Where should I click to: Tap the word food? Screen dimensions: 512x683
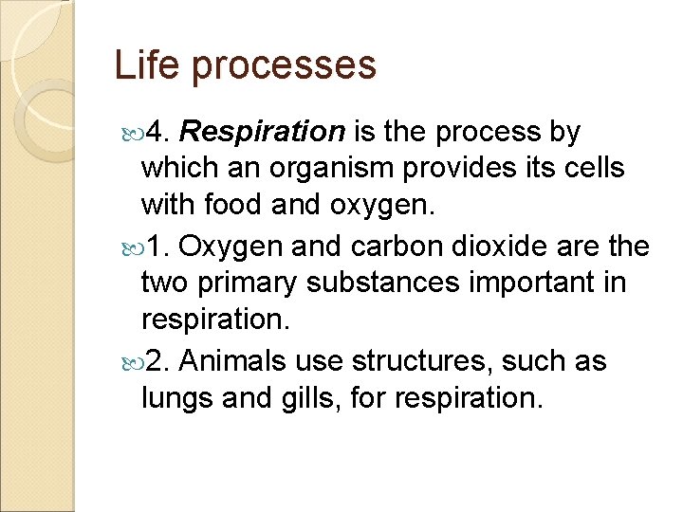[245, 206]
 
